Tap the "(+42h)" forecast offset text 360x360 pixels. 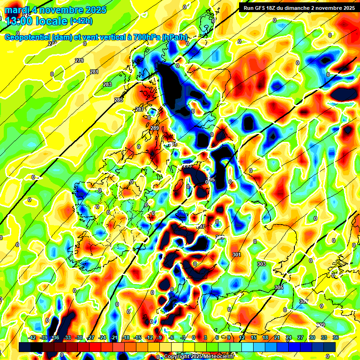[x=81, y=21]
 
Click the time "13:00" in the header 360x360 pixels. [x=18, y=21]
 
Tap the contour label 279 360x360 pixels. [x=79, y=60]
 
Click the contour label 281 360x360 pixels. [x=94, y=72]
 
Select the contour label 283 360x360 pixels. [x=107, y=84]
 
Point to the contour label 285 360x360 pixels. [x=119, y=100]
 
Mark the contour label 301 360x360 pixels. [x=236, y=255]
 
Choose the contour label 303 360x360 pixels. [x=262, y=264]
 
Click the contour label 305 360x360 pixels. [x=279, y=287]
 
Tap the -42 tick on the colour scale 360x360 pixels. [x=32, y=337]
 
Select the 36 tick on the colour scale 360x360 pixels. [x=336, y=337]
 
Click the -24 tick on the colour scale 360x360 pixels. [x=102, y=337]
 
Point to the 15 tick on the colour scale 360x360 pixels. [x=254, y=337]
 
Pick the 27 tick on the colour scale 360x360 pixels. [x=300, y=337]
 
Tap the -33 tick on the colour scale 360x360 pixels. [x=67, y=337]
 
